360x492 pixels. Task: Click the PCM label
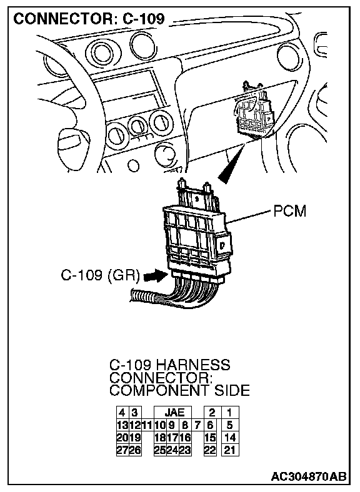289,211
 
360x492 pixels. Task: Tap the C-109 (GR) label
100,275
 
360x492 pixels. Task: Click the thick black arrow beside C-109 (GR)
155,277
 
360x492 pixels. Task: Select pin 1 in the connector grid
230,412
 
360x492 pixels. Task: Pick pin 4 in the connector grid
122,412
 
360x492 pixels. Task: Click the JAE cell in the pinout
172,412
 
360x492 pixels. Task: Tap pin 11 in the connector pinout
147,425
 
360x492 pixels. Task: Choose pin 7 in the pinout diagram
197,425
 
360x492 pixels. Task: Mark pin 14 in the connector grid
230,438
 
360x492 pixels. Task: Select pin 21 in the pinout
230,450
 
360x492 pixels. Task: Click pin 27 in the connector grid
122,450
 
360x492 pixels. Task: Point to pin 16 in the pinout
186,438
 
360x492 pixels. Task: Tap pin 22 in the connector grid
210,450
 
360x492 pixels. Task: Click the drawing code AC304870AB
309,476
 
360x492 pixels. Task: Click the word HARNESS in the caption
193,365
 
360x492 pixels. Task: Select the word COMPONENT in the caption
159,391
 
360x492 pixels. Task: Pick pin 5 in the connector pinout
230,425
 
